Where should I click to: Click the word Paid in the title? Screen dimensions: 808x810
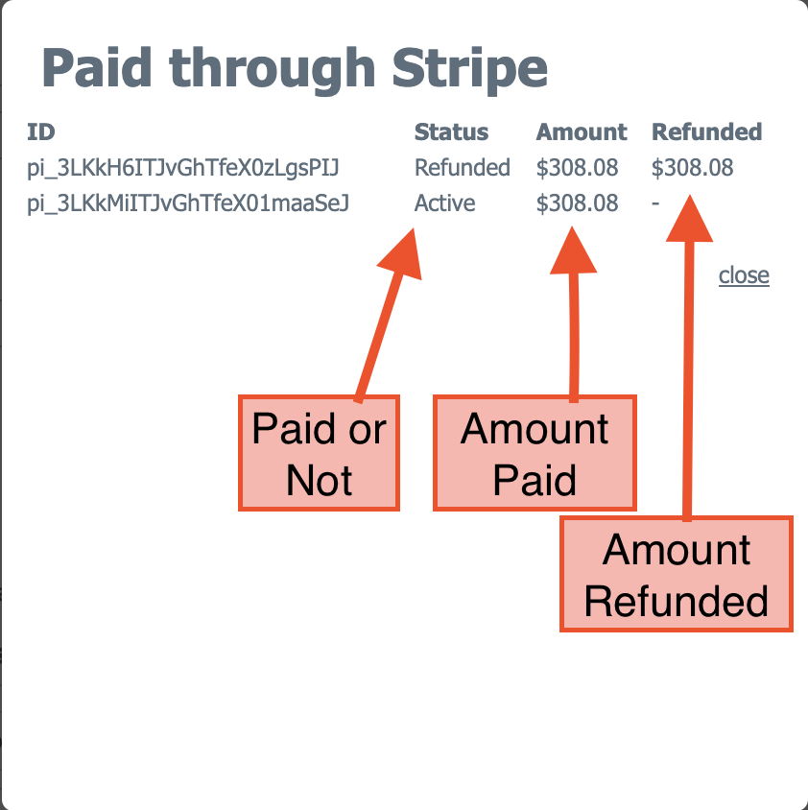(x=97, y=67)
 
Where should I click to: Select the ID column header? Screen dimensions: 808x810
(x=41, y=131)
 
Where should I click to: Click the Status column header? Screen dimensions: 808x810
(x=451, y=131)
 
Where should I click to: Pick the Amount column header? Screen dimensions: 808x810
(x=582, y=131)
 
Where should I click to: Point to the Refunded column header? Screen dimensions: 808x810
(x=706, y=131)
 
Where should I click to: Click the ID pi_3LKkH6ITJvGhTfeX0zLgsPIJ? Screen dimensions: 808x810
(x=183, y=168)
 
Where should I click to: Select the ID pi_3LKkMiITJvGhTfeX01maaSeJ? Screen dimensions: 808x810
(x=188, y=203)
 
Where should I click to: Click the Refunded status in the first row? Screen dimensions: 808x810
(x=462, y=167)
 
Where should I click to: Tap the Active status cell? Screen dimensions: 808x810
(x=444, y=203)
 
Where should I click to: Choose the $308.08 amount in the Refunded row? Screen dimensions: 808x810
(x=577, y=168)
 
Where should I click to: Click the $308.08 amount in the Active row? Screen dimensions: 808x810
(x=577, y=203)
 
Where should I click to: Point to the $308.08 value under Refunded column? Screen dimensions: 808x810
(x=692, y=168)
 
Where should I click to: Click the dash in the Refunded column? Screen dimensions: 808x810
(x=655, y=203)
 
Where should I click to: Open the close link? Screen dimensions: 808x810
(x=744, y=274)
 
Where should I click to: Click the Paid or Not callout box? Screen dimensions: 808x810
(x=319, y=453)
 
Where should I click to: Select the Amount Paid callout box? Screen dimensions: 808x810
(x=535, y=453)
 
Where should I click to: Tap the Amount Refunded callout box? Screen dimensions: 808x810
(x=677, y=574)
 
